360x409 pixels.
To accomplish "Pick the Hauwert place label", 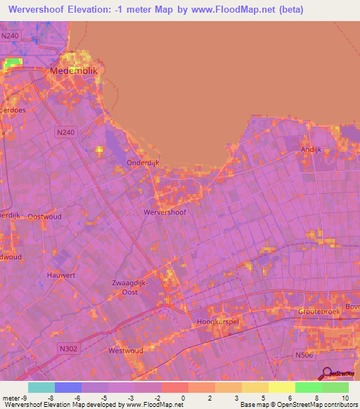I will [x=61, y=275].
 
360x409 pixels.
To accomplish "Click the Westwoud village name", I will [x=126, y=350].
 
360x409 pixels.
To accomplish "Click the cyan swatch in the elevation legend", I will [x=41, y=387].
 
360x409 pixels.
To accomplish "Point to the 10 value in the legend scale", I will [x=345, y=398].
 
